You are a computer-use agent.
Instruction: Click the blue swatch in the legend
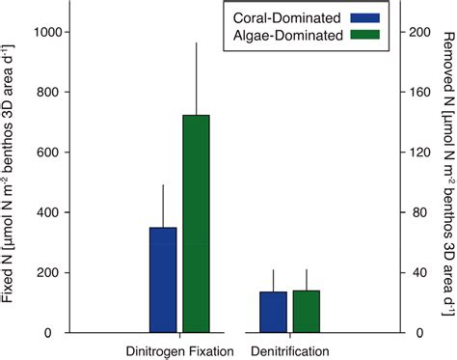(362, 17)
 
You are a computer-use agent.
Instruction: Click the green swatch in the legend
(362, 35)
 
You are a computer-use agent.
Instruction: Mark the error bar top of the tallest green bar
(197, 42)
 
